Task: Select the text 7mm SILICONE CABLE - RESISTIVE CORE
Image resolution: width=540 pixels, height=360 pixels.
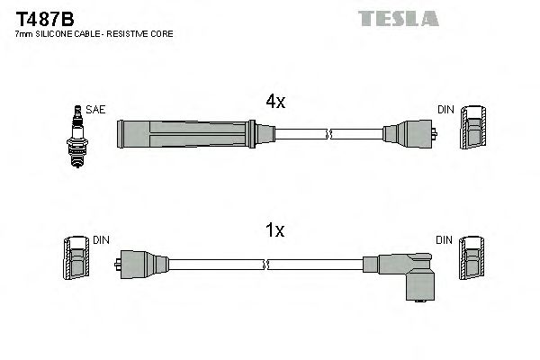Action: (94, 33)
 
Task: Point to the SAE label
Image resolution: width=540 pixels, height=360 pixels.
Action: (96, 109)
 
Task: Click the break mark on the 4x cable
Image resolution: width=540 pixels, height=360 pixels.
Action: (330, 135)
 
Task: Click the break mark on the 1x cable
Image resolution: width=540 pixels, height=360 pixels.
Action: (267, 265)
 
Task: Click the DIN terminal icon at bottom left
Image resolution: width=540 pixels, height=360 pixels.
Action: (77, 259)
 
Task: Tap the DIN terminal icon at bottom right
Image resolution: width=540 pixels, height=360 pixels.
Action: (473, 259)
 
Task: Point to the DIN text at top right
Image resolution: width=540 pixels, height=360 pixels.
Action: (445, 110)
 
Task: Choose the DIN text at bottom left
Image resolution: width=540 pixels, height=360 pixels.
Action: (102, 240)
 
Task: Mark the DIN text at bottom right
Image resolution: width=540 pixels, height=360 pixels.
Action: (445, 240)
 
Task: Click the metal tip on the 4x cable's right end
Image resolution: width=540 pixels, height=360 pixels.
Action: (435, 135)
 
